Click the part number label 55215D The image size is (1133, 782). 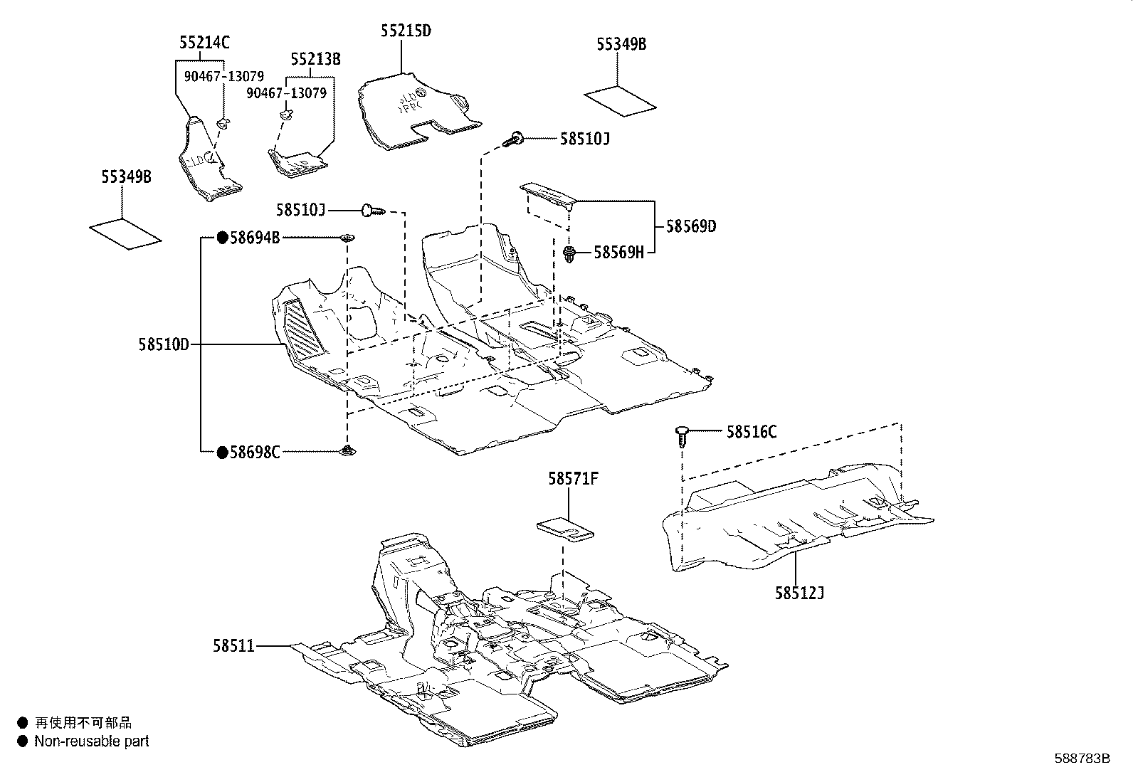click(406, 31)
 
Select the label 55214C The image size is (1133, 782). click(204, 43)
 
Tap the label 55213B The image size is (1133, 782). click(315, 59)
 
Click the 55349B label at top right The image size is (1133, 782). click(621, 44)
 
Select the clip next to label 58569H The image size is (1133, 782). click(569, 253)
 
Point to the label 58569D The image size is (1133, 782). click(690, 226)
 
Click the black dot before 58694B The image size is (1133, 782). click(222, 238)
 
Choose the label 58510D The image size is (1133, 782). click(164, 345)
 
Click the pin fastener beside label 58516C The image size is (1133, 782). click(682, 435)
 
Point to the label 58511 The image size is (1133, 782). click(233, 645)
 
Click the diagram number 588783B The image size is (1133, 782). click(1082, 759)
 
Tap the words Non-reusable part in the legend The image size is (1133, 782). click(92, 741)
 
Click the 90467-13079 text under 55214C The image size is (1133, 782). click(224, 77)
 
